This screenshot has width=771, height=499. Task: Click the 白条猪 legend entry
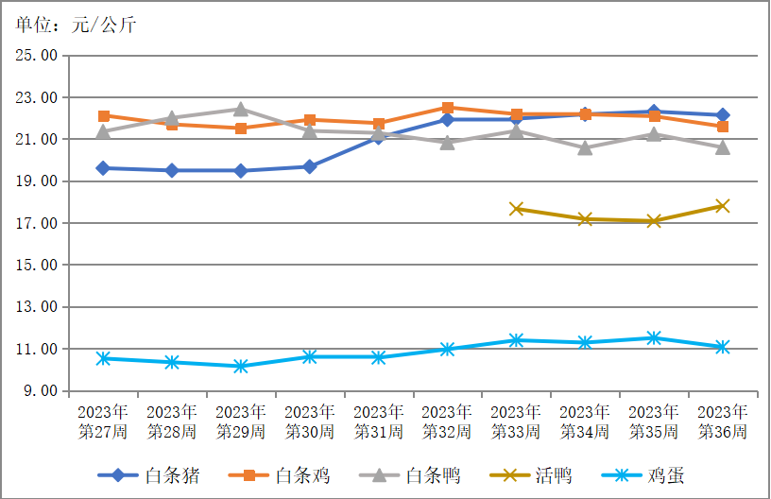[x=149, y=475]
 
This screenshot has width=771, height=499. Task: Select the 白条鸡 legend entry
[x=280, y=475]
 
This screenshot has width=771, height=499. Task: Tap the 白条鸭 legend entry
[x=410, y=475]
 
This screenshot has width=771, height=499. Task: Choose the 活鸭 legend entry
[x=531, y=475]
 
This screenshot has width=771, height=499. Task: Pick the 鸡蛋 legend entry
[x=643, y=475]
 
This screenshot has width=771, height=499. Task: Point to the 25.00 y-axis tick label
[x=37, y=55]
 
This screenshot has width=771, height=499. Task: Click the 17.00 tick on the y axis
[x=37, y=223]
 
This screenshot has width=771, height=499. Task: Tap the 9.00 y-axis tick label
[x=41, y=391]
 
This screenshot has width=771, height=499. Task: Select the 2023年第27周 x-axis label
[x=103, y=422]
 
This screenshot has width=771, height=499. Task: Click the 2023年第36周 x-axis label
[x=722, y=422]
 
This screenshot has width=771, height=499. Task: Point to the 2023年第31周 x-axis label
[x=378, y=422]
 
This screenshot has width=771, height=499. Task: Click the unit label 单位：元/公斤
[x=76, y=25]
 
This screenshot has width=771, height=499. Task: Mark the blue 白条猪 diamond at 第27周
[x=103, y=168]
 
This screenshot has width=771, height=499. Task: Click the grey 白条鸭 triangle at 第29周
[x=240, y=109]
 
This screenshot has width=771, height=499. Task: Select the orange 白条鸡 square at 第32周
[x=448, y=108]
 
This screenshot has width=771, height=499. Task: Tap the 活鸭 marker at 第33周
[x=516, y=209]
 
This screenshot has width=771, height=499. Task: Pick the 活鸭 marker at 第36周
[x=722, y=206]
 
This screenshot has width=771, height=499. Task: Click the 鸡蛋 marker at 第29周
[x=240, y=367]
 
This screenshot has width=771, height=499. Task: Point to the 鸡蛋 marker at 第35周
[x=654, y=337]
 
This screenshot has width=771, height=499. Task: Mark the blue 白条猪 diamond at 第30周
[x=310, y=166]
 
